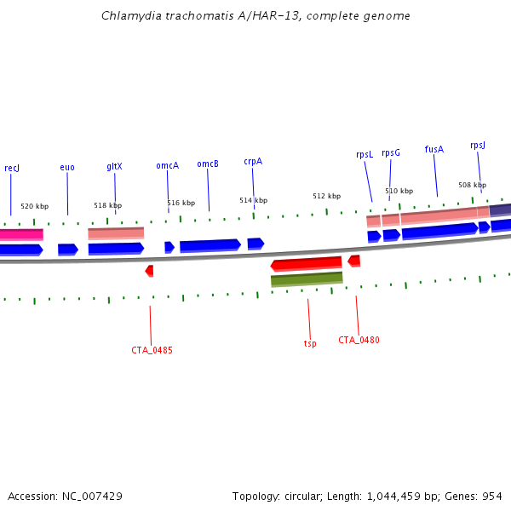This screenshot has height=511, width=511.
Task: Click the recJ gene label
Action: [12, 169]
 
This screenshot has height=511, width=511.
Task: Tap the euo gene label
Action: [67, 168]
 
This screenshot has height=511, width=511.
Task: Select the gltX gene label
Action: [114, 167]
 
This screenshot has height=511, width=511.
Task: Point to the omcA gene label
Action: [167, 165]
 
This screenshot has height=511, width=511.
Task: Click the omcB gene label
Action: [208, 164]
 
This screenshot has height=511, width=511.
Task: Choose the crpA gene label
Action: [253, 161]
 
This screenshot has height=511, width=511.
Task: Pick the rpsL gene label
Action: [365, 154]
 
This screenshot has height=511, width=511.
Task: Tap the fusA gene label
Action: [434, 149]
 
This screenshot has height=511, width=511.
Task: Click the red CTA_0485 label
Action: [152, 350]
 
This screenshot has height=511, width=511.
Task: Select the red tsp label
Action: [310, 344]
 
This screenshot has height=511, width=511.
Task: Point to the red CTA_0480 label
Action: [359, 340]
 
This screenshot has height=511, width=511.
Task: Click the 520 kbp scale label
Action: [35, 207]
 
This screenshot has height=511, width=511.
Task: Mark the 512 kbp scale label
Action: [326, 196]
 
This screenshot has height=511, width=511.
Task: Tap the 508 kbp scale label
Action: [472, 185]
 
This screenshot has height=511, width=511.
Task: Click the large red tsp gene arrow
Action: [307, 264]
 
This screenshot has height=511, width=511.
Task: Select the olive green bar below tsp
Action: [307, 278]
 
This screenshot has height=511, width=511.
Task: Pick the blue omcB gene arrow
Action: [210, 245]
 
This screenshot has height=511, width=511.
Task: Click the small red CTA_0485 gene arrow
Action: [149, 271]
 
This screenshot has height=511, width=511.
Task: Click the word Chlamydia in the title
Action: [127, 16]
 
